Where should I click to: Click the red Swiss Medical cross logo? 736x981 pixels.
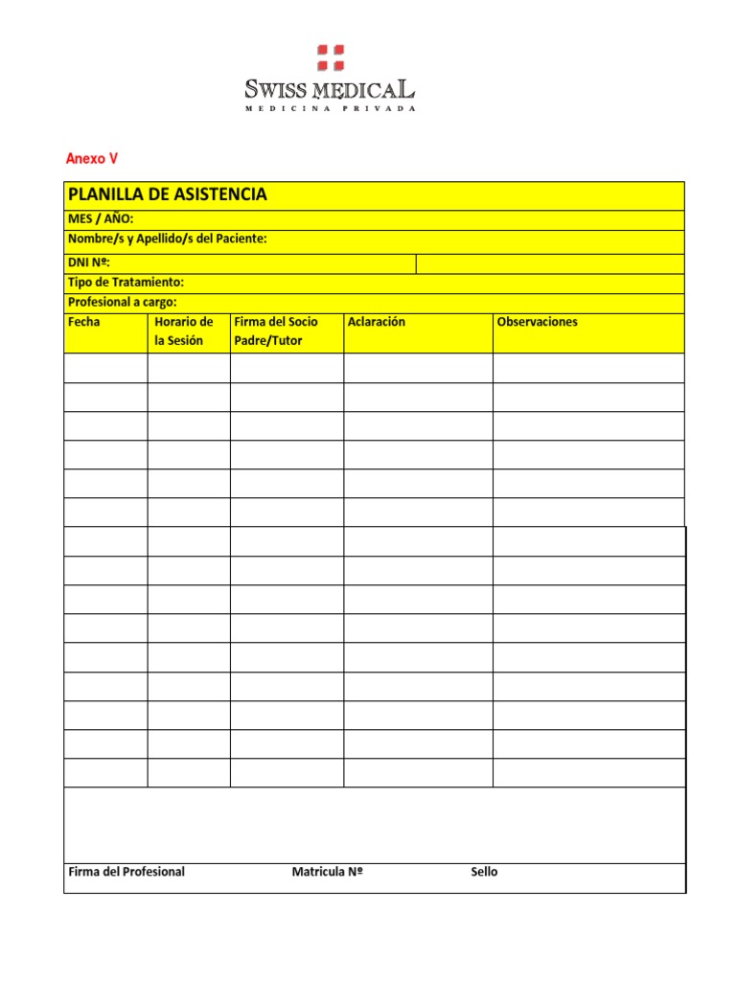pyautogui.click(x=331, y=57)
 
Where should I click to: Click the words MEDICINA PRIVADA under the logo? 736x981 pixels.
pyautogui.click(x=331, y=109)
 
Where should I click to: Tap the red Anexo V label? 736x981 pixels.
pyautogui.click(x=91, y=159)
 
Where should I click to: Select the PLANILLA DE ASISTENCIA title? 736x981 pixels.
pyautogui.click(x=168, y=194)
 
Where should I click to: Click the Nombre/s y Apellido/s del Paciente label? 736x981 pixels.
pyautogui.click(x=168, y=239)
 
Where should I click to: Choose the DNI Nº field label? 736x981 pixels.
pyautogui.click(x=90, y=262)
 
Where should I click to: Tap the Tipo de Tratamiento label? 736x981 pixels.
pyautogui.click(x=126, y=283)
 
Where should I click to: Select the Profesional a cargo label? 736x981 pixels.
pyautogui.click(x=123, y=302)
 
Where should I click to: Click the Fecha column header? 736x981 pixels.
pyautogui.click(x=84, y=322)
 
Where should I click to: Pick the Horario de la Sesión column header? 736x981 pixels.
pyautogui.click(x=183, y=331)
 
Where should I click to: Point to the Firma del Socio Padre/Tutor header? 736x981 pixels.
pyautogui.click(x=276, y=331)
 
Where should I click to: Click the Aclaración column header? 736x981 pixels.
pyautogui.click(x=377, y=322)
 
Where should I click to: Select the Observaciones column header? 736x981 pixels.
pyautogui.click(x=538, y=322)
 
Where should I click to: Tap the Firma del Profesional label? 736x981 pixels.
pyautogui.click(x=127, y=872)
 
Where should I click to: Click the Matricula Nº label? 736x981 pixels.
pyautogui.click(x=328, y=872)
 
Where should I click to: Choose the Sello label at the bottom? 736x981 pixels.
pyautogui.click(x=484, y=872)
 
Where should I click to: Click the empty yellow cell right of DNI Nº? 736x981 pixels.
pyautogui.click(x=550, y=262)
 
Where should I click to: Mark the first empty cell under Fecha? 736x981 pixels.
pyautogui.click(x=105, y=368)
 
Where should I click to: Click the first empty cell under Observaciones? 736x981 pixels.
pyautogui.click(x=588, y=368)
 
